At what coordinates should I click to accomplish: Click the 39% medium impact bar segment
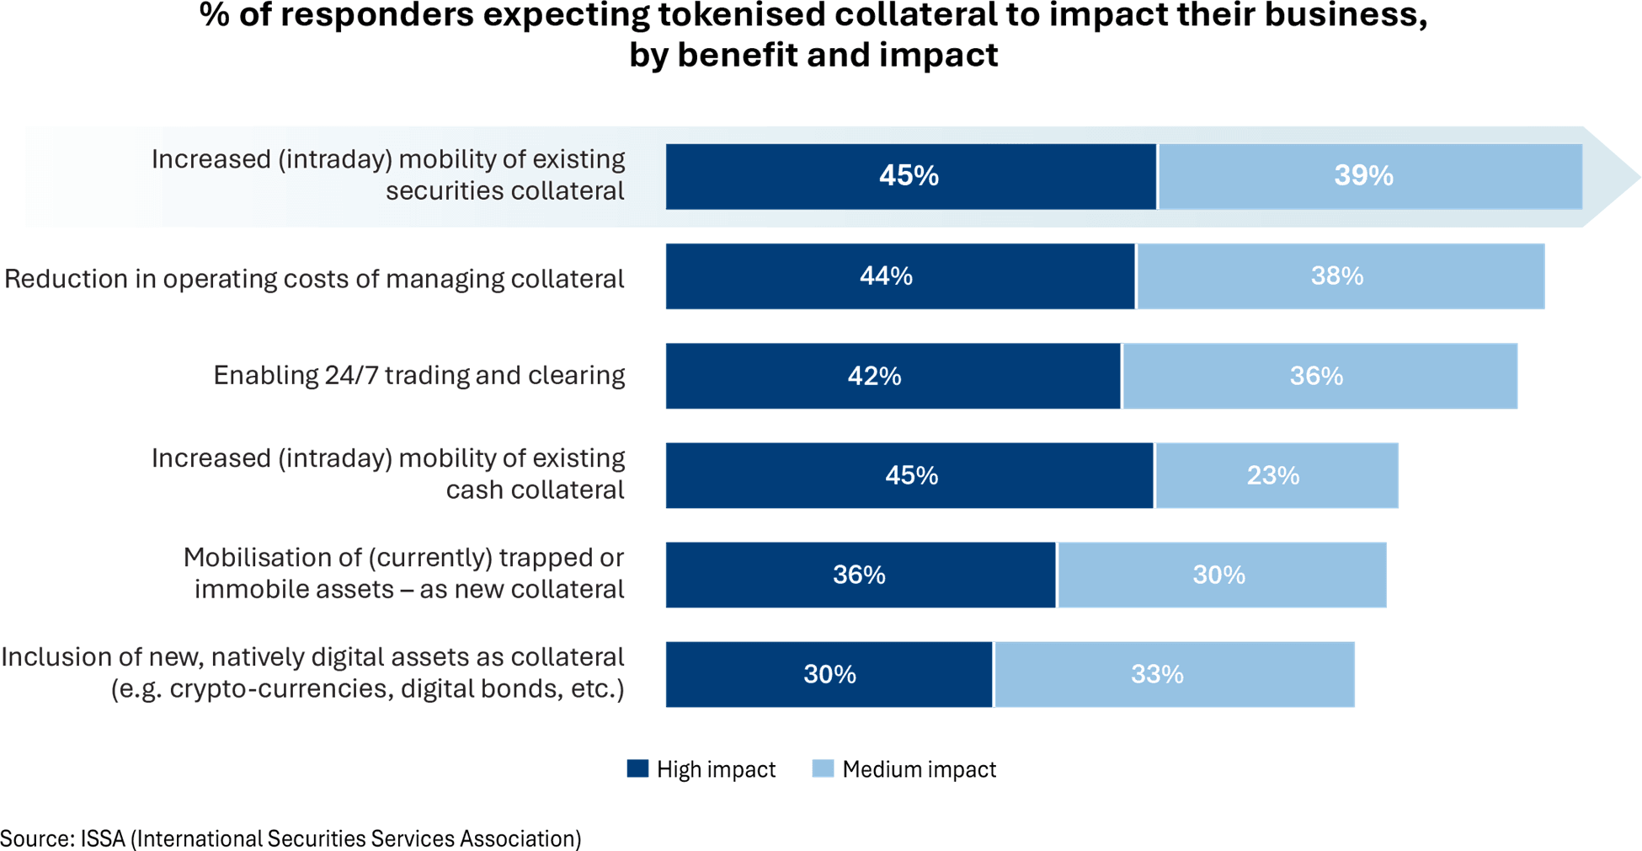point(1370,176)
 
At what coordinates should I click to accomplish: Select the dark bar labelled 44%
point(899,276)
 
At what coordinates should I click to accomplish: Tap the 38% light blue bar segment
point(1340,276)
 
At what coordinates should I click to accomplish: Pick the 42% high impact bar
point(893,376)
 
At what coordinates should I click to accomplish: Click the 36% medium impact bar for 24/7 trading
point(1319,376)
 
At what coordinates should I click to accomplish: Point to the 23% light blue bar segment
point(1276,475)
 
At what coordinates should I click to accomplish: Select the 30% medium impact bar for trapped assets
point(1221,575)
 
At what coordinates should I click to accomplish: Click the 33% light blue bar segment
point(1174,674)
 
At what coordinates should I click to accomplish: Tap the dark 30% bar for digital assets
point(829,674)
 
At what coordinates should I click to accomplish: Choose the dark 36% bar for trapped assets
point(860,575)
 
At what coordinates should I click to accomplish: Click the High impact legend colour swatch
point(637,768)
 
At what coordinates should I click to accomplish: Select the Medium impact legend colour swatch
point(823,768)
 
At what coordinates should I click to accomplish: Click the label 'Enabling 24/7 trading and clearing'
point(418,375)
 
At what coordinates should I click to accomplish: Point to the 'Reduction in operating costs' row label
point(314,279)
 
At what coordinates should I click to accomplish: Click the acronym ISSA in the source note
point(103,838)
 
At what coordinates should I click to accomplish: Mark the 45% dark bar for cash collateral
point(909,475)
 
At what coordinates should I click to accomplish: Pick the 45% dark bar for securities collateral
point(909,176)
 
